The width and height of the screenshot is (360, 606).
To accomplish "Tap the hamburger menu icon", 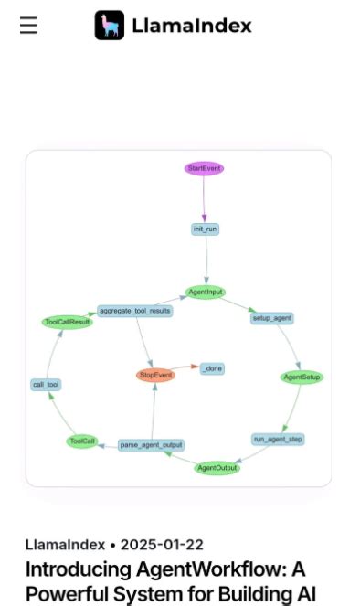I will pyautogui.click(x=28, y=26).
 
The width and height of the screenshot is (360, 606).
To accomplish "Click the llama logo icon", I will pyautogui.click(x=110, y=26).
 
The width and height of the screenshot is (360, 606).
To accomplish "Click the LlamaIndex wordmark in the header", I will pyautogui.click(x=191, y=26).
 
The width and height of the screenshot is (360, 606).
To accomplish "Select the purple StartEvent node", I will pyautogui.click(x=204, y=168).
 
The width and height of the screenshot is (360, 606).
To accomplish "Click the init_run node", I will pyautogui.click(x=206, y=229).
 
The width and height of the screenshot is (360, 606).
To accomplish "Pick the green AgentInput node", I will pyautogui.click(x=206, y=292).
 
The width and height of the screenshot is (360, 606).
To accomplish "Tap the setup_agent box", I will pyautogui.click(x=271, y=318).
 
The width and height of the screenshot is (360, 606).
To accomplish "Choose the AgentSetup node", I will pyautogui.click(x=302, y=377).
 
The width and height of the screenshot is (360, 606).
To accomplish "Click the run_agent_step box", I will pyautogui.click(x=279, y=439).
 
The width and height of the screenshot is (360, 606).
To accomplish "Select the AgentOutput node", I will pyautogui.click(x=217, y=468).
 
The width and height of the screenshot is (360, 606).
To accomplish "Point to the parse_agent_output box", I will pyautogui.click(x=151, y=445).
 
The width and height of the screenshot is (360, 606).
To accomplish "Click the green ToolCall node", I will pyautogui.click(x=81, y=441).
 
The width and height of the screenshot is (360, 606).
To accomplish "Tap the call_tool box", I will pyautogui.click(x=46, y=385).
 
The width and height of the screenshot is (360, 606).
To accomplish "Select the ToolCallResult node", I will pyautogui.click(x=68, y=322).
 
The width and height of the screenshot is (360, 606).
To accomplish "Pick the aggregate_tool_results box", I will pyautogui.click(x=134, y=311).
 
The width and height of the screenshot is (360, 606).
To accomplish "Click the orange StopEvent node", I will pyautogui.click(x=155, y=375).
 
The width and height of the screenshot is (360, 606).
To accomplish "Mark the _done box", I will pyautogui.click(x=211, y=368).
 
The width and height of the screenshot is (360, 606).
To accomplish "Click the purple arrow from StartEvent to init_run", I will pyautogui.click(x=205, y=198).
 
